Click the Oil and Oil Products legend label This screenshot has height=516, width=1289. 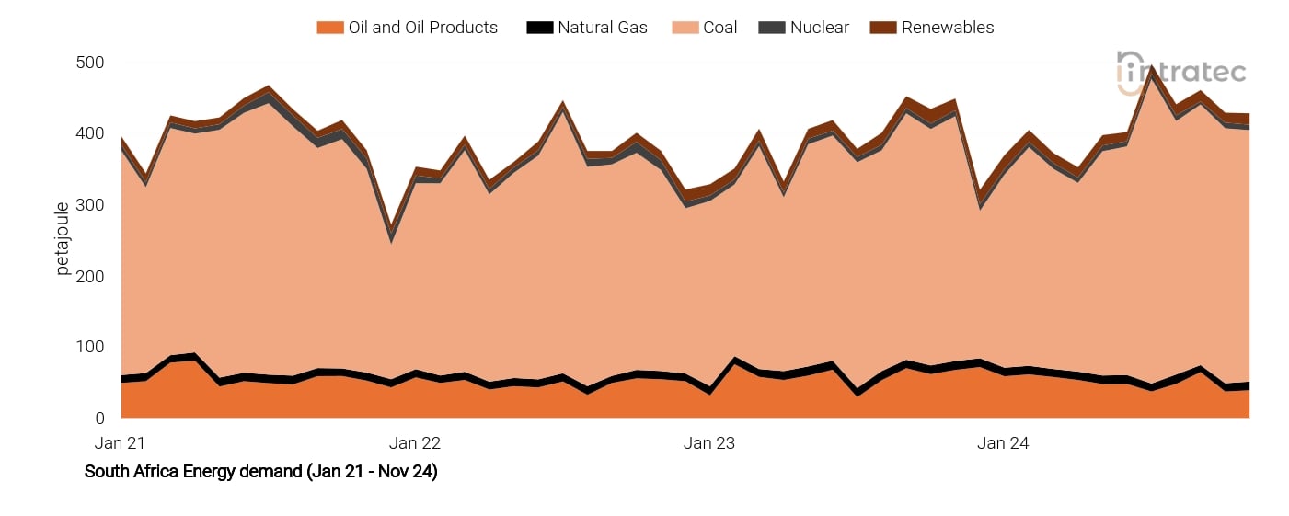pos(422,28)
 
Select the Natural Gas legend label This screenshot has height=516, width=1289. pos(602,28)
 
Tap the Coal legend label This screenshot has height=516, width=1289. pos(719,28)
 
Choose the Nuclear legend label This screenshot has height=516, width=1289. pos(819,28)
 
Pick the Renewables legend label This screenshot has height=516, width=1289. pos(948,28)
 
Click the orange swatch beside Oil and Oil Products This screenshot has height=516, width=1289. pos(329,28)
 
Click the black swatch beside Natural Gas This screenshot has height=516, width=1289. pos(538,28)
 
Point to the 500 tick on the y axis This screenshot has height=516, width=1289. pos(90,63)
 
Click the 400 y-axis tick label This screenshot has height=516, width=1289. pos(90,133)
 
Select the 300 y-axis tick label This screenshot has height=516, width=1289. pos(90,205)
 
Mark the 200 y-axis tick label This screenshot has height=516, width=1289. pos(90,276)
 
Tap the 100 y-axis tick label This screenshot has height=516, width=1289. pos(90,347)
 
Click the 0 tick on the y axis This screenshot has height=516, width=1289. pos(99,419)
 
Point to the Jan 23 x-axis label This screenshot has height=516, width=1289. pos(709,443)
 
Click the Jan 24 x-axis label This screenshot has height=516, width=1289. pos(1004,443)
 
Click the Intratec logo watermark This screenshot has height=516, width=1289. pos(1181,73)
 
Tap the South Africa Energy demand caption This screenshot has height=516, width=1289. pos(260,472)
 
